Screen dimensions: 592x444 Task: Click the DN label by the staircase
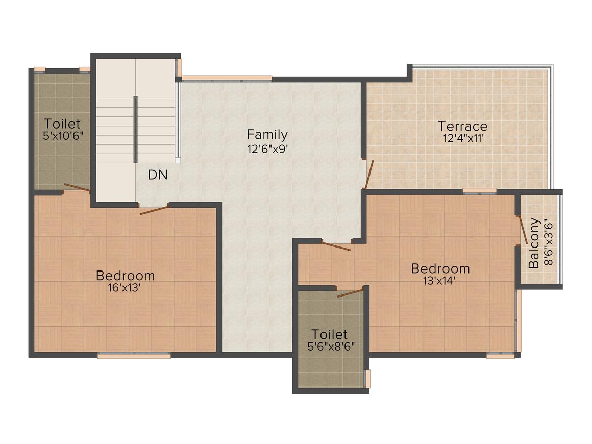158,175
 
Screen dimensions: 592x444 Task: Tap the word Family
267,134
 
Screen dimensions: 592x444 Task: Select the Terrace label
462,126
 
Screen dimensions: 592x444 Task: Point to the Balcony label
533,243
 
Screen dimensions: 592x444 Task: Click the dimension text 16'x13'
125,288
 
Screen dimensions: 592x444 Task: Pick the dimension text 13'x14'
439,281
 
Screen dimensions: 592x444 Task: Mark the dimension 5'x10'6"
63,136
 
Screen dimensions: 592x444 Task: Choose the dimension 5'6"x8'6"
331,346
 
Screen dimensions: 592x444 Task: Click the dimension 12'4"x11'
463,139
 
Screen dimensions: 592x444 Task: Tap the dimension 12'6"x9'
268,149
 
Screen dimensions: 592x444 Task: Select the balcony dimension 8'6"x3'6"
549,243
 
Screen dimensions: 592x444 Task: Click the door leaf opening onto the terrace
369,174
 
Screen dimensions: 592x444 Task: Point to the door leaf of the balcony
522,230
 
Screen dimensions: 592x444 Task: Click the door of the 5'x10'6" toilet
77,187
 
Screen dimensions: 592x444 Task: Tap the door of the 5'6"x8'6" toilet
351,292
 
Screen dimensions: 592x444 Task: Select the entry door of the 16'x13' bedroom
154,210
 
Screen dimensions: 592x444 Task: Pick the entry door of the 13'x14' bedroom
336,245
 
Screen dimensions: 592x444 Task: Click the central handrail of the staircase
136,130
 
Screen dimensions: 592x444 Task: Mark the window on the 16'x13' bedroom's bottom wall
134,355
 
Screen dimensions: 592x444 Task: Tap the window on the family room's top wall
227,79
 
